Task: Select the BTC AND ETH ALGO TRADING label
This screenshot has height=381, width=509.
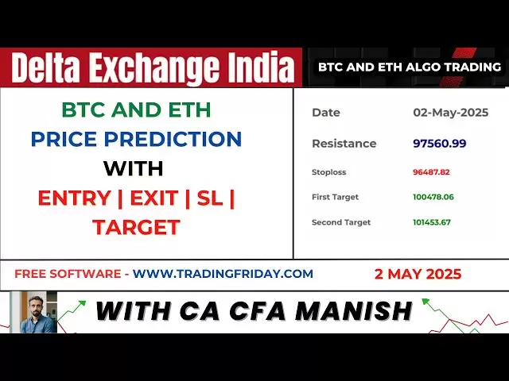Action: pos(410,67)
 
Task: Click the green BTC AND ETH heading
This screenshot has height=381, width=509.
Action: pos(136,110)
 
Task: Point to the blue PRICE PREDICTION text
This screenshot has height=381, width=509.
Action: pos(136,139)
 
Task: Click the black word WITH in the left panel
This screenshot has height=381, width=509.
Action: pos(134,168)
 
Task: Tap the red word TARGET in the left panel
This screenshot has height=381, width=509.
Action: pos(136,227)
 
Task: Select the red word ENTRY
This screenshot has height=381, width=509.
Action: pos(74,198)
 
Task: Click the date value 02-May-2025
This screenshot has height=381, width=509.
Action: pos(451,113)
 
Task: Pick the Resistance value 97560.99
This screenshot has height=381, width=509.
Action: pos(440,143)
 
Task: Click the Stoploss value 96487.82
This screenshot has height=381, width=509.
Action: pos(431,172)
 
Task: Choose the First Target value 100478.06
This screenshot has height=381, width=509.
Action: pos(433,197)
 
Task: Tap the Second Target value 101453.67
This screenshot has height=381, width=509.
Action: pos(432,222)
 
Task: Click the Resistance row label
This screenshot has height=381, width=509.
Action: pos(344,144)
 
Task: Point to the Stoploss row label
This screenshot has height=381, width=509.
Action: pos(328,172)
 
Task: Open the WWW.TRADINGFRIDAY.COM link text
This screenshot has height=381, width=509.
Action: pos(223,274)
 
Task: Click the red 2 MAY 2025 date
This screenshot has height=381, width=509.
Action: pos(418,274)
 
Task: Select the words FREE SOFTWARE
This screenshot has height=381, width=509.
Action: pos(68,274)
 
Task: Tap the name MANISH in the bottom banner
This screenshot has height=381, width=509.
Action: pos(354,310)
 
